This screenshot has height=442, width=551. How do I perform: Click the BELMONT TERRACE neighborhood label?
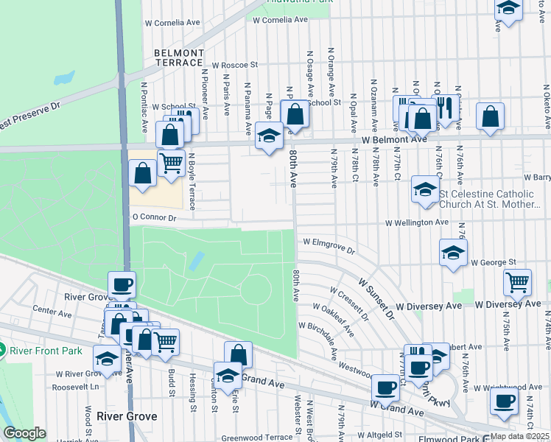tap(178, 58)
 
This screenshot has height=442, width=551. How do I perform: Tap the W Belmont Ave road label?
tap(393, 139)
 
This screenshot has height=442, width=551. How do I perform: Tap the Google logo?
tap(24, 433)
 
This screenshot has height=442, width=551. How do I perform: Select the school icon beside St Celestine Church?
tap(425, 189)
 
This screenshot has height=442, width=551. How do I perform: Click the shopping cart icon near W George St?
tap(518, 281)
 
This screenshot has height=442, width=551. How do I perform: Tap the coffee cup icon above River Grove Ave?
tap(122, 284)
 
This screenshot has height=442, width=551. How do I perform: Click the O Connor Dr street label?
tap(154, 218)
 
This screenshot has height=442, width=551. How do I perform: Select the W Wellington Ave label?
tap(417, 222)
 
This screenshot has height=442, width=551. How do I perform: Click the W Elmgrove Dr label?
tap(329, 245)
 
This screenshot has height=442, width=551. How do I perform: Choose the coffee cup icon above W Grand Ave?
tap(385, 387)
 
